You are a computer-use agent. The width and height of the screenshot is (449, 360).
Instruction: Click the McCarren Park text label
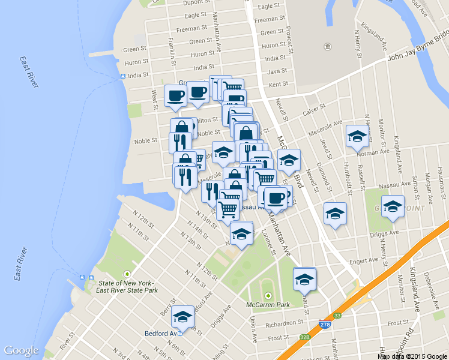(x=268, y=305)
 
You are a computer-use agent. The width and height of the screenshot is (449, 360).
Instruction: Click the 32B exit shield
(x=305, y=337)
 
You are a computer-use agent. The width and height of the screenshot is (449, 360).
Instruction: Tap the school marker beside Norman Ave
(x=357, y=136)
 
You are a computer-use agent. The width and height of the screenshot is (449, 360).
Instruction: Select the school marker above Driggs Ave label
(x=393, y=206)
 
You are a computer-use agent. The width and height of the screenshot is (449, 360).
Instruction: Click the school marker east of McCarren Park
(x=304, y=278)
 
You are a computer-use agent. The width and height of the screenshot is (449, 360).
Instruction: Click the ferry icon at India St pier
(x=122, y=76)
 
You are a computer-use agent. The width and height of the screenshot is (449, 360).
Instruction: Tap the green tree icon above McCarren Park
(x=268, y=296)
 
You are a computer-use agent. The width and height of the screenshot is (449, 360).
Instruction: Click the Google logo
(x=21, y=350)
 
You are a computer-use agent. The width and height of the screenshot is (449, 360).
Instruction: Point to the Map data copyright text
(x=412, y=356)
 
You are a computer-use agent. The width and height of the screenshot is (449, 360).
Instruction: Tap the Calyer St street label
(x=313, y=109)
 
